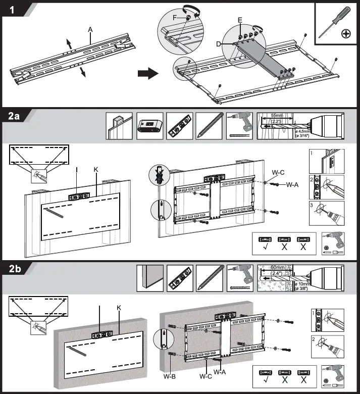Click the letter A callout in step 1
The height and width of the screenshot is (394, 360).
tap(90, 30)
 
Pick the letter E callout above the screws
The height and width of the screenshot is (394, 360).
tap(240, 21)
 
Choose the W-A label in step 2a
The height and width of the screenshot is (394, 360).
tap(292, 184)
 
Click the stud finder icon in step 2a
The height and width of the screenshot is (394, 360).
tap(149, 126)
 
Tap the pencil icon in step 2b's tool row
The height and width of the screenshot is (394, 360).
tap(210, 278)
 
